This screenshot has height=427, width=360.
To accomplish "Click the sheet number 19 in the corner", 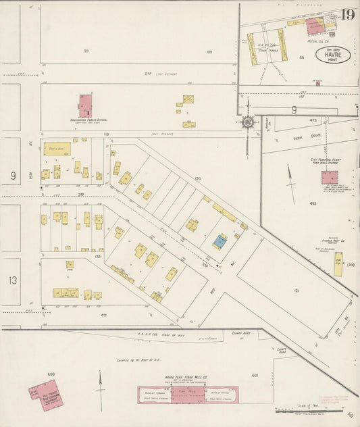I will [348, 14].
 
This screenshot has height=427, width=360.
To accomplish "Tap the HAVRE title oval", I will [333, 55].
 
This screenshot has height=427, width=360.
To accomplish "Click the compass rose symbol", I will [247, 122].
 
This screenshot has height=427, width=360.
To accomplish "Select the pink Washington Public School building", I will [86, 105].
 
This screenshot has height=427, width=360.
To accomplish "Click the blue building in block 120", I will [220, 241].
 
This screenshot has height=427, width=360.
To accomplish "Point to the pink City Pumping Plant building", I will [330, 178].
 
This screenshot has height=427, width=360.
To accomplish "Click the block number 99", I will [86, 51].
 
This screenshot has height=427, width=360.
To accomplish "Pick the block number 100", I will [209, 51].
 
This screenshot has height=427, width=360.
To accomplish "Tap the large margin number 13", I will [12, 280].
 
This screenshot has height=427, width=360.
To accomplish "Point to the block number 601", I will [255, 375].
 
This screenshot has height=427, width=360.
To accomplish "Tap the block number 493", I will [313, 203].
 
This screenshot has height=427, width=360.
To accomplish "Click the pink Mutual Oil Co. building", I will [315, 26].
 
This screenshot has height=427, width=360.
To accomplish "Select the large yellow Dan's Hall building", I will [57, 149].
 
